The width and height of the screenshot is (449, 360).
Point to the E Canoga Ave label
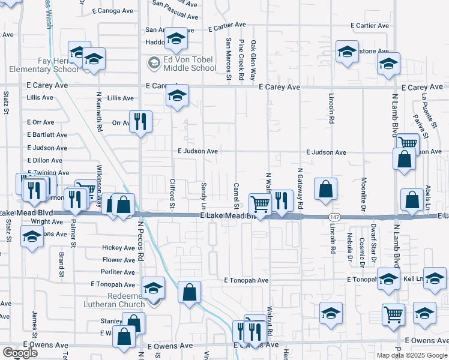[x=112, y=11]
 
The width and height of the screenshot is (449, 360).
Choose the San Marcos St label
[x=229, y=59]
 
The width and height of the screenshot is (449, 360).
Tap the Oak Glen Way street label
[x=253, y=61]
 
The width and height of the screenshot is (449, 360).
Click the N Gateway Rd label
[x=300, y=188]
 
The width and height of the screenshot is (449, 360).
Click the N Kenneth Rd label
[x=99, y=112]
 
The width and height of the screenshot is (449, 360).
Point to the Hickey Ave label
[x=118, y=248]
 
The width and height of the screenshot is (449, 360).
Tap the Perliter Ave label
[x=118, y=272]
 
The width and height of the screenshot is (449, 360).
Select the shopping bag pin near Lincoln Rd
[x=325, y=189]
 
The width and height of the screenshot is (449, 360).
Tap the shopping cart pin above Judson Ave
[x=408, y=143]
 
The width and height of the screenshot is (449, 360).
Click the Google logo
[x=20, y=352]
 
